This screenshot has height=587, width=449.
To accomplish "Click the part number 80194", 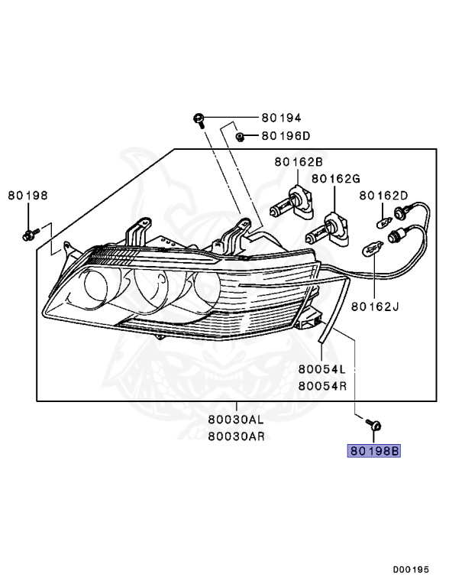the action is [281, 118].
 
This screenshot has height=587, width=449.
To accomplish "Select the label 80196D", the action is [286, 135].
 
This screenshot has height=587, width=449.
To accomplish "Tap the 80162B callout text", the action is [299, 162].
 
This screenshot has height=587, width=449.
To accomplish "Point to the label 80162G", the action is [336, 179].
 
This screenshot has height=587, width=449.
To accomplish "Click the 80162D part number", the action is [383, 196].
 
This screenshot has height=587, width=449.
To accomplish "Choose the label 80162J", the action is [375, 306].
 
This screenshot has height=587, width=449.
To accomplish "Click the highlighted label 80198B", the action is [374, 451].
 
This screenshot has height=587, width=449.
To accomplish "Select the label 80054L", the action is [321, 369].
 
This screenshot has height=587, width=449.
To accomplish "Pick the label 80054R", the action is [322, 385].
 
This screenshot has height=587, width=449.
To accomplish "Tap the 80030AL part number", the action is [236, 420].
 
